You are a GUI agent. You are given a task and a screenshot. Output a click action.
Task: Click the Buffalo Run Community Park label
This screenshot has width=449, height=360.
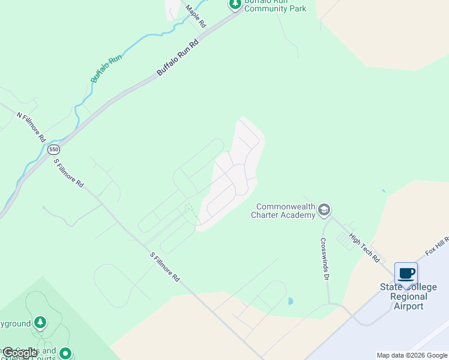pyautogui.click(x=276, y=6)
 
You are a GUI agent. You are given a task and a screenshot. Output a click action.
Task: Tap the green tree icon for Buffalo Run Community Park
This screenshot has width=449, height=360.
pyautogui.click(x=235, y=4)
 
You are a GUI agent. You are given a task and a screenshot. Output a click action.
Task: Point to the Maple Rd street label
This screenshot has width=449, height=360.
pyautogui.click(x=196, y=16)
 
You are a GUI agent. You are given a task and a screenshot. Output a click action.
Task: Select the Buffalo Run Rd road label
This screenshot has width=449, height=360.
pyautogui.click(x=178, y=58)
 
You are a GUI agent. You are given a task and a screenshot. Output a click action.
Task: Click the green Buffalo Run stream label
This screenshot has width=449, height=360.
pyautogui.click(x=106, y=68)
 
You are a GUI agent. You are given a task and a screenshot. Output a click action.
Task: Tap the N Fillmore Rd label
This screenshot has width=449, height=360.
pyautogui.click(x=31, y=127)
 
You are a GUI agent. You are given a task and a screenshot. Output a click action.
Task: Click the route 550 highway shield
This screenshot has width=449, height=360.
pyautogui.click(x=53, y=150)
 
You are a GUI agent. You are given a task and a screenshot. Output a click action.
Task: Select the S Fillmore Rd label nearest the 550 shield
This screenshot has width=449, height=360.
pyautogui.click(x=68, y=173)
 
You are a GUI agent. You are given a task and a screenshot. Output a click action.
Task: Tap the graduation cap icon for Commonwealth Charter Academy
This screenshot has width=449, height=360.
pyautogui.click(x=324, y=209)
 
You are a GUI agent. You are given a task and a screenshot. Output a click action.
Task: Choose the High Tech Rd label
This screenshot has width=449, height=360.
pyautogui.click(x=365, y=248)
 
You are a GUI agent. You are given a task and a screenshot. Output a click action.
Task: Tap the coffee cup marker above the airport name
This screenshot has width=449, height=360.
pyautogui.click(x=406, y=274)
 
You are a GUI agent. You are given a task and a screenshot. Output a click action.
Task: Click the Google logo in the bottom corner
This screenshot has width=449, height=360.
pyautogui.click(x=20, y=353)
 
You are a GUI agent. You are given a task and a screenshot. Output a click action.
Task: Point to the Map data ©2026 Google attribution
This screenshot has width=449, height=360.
pyautogui.click(x=412, y=355)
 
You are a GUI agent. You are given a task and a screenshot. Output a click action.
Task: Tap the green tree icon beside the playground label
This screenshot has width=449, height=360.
pyautogui.click(x=40, y=323)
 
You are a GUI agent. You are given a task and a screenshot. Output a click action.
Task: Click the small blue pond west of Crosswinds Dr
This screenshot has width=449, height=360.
pyautogui.click(x=291, y=301)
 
